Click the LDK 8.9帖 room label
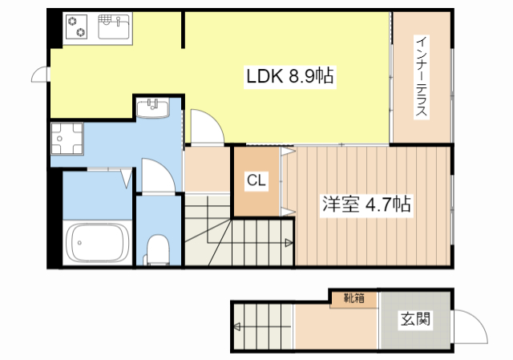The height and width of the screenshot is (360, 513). click(289, 77)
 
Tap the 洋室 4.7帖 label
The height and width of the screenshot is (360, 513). click(367, 204)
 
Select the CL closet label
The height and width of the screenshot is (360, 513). click(256, 180)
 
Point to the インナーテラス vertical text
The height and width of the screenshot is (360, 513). click(421, 77)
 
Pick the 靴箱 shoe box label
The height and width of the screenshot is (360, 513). click(353, 299)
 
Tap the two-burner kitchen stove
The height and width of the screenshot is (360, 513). click(76, 26)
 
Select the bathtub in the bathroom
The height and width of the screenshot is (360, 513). click(98, 242)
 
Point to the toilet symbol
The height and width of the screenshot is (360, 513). click(157, 249)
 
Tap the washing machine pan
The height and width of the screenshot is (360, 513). click(67, 140)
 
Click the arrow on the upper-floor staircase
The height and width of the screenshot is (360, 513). click(286, 242)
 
